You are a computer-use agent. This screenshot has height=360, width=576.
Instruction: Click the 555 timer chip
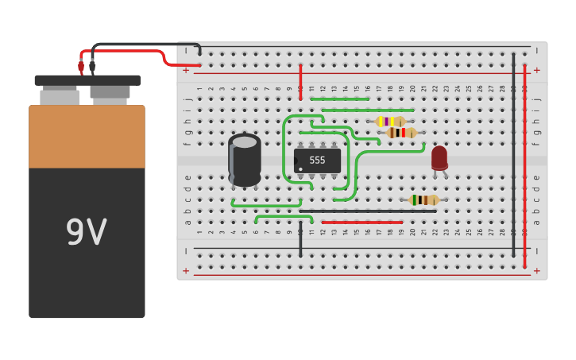317,160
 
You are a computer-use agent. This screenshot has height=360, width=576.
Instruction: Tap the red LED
439,157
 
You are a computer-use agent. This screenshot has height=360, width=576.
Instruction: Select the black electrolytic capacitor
245,160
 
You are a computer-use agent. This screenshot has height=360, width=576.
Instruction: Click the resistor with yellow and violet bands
390,122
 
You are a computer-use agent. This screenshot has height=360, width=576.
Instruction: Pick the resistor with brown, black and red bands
401,133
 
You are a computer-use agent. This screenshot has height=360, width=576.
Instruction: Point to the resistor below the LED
424,199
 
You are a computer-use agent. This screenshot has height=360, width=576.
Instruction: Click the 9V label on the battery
86,232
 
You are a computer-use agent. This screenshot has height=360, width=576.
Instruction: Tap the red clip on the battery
81,67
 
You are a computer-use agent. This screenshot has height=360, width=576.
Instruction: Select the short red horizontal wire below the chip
362,222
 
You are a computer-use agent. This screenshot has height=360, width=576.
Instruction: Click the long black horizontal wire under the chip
368,211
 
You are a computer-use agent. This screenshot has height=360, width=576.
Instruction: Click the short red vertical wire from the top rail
300,82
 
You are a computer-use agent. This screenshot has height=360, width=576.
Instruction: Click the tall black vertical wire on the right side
513,155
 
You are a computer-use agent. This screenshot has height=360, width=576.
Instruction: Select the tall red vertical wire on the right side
524,166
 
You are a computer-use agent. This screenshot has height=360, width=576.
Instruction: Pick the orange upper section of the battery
87,136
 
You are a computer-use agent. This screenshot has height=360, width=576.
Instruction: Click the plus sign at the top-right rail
536,70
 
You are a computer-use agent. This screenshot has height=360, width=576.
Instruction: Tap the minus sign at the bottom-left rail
186,251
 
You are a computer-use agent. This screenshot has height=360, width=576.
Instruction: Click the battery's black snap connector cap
87,80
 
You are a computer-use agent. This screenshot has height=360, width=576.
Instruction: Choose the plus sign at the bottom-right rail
536,271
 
